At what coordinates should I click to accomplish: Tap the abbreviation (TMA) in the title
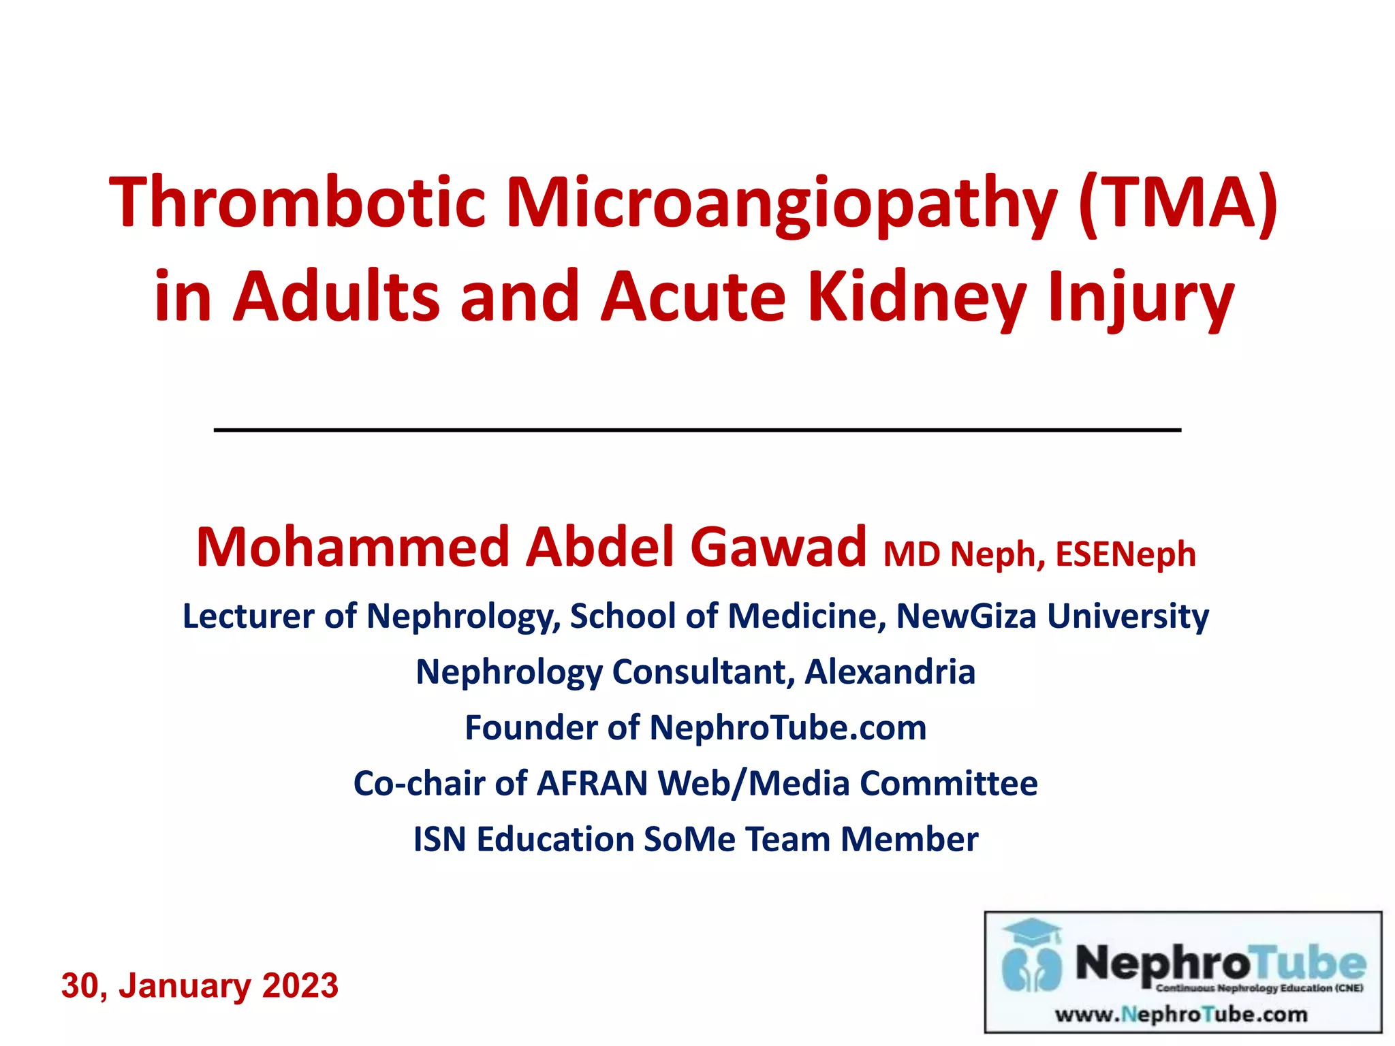click(x=1178, y=202)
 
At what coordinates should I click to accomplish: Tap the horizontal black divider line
click(x=697, y=430)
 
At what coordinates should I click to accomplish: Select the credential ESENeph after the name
click(x=1125, y=554)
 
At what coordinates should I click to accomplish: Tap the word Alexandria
click(x=890, y=671)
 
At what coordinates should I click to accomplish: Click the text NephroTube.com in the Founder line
click(x=787, y=727)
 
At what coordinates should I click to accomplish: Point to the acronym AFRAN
click(x=592, y=783)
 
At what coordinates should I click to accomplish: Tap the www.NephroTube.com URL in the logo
click(x=1181, y=1015)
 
